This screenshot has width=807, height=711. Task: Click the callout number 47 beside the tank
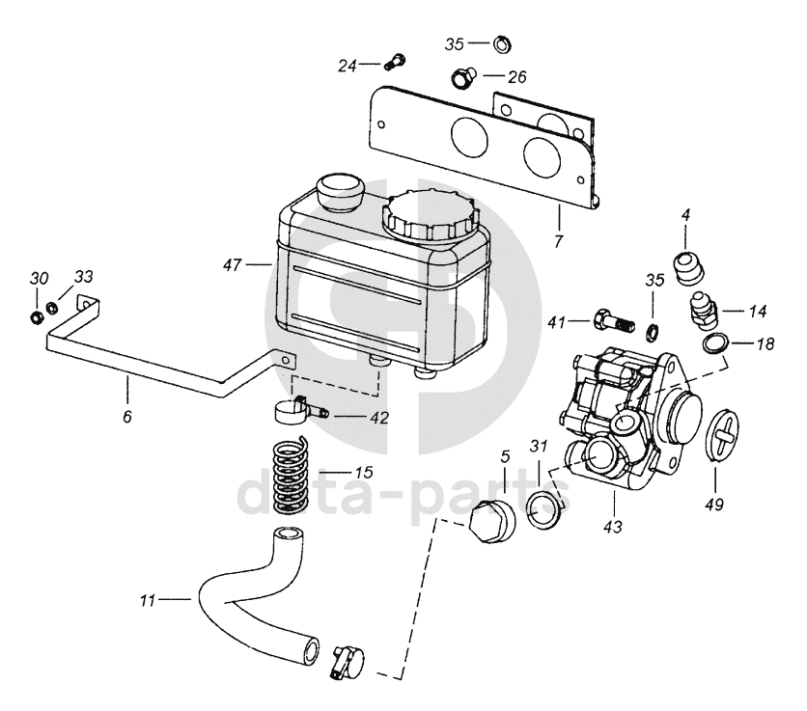tap(232, 265)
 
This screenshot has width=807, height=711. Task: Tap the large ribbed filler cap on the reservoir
tap(431, 214)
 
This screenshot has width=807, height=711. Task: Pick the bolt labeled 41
tap(614, 320)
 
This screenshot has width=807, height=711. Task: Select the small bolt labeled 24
tap(395, 63)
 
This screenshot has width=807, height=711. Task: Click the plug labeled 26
tap(463, 78)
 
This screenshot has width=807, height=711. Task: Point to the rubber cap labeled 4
tap(688, 267)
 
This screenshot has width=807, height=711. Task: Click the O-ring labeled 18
tap(716, 343)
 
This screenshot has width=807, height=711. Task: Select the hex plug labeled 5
tap(493, 521)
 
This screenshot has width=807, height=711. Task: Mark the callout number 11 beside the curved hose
tap(147, 600)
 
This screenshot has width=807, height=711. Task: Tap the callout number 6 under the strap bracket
tap(127, 416)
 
